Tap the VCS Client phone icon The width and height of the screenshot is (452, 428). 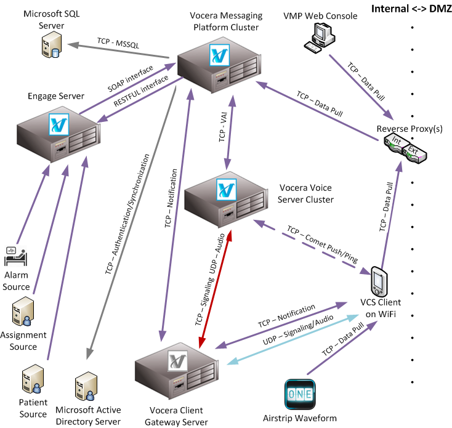(x=378, y=282)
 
